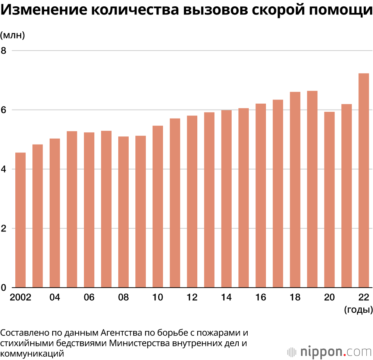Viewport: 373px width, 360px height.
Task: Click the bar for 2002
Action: pyautogui.click(x=21, y=220)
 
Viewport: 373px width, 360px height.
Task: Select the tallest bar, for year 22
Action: pyautogui.click(x=364, y=181)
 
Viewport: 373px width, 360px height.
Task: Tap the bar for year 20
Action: pyautogui.click(x=329, y=199)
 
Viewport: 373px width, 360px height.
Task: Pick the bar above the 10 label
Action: pyautogui.click(x=158, y=207)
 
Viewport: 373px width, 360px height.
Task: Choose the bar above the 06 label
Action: pyautogui.click(x=89, y=210)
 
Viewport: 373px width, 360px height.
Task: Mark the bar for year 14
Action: pyautogui.click(x=226, y=199)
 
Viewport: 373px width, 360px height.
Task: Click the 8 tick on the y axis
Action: pyautogui.click(x=4, y=51)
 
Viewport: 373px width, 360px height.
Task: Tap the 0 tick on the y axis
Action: pyautogui.click(x=4, y=288)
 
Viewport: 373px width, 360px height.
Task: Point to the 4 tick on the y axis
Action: pyautogui.click(x=4, y=169)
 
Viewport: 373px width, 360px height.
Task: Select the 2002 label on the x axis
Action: pyautogui.click(x=21, y=298)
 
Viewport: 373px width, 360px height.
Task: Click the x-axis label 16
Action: pyautogui.click(x=261, y=298)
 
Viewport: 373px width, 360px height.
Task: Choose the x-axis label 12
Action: pyautogui.click(x=192, y=298)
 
